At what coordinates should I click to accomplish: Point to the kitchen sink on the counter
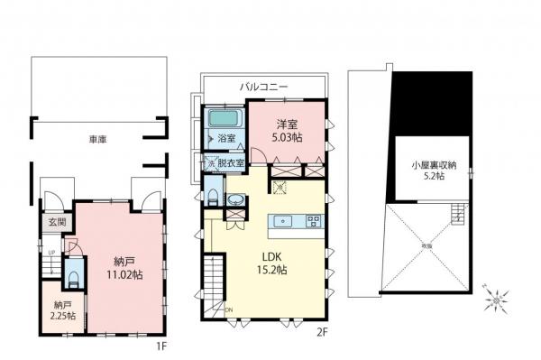point(283,220)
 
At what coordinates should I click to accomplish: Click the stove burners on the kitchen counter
point(312,220)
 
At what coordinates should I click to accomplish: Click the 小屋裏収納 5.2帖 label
point(432,171)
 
